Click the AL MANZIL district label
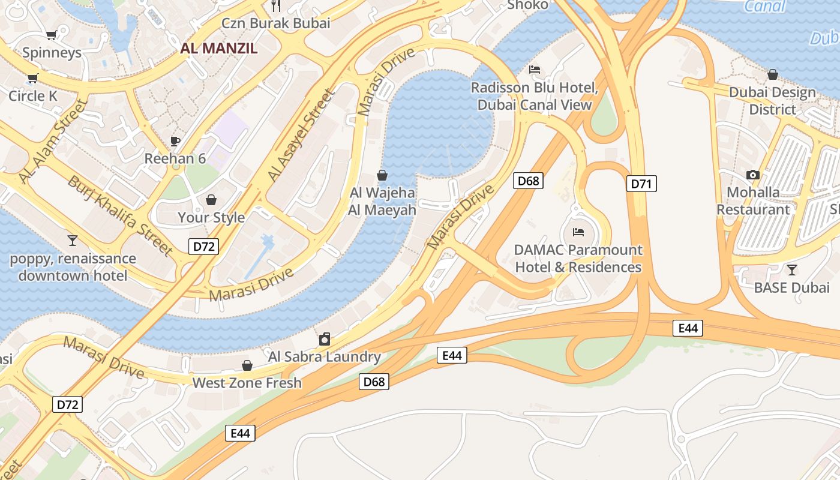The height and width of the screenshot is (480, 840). click(x=219, y=49)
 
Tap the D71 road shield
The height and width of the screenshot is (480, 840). click(x=641, y=184)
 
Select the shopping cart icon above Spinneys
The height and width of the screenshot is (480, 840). click(x=51, y=35)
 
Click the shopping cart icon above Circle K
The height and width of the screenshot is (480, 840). click(x=32, y=79)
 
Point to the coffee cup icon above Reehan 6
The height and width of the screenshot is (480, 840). click(x=175, y=141)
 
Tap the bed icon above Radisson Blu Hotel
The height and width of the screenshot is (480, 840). click(x=535, y=70)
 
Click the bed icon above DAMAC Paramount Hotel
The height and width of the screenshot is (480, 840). click(x=578, y=232)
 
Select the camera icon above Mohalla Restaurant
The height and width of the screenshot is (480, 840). click(x=753, y=175)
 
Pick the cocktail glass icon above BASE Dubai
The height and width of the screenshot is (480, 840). click(x=792, y=269)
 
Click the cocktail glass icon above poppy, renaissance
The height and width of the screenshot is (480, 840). click(x=73, y=241)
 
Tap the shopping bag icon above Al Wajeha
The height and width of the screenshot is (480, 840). click(x=382, y=175)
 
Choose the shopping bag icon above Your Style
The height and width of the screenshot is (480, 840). click(x=211, y=199)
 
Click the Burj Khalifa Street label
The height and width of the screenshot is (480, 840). click(x=120, y=215)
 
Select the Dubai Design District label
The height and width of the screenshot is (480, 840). click(x=772, y=101)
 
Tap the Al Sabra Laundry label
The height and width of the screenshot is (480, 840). click(x=325, y=356)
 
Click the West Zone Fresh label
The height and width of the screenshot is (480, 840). click(x=247, y=382)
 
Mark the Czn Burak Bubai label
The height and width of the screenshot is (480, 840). click(x=276, y=23)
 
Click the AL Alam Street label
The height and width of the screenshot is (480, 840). click(x=53, y=142)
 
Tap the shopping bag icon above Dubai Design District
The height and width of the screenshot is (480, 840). click(x=773, y=74)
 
